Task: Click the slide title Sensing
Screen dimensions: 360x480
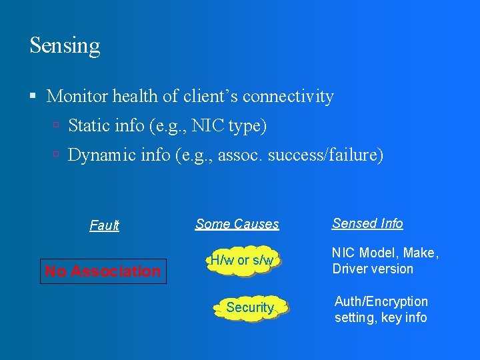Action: pyautogui.click(x=65, y=46)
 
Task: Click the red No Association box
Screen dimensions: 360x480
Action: pyautogui.click(x=103, y=271)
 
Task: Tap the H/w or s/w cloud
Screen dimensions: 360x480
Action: pyautogui.click(x=241, y=261)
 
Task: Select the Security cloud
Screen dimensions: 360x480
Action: pyautogui.click(x=250, y=307)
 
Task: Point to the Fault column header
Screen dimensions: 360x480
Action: pyautogui.click(x=104, y=225)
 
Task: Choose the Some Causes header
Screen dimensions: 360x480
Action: pyautogui.click(x=237, y=225)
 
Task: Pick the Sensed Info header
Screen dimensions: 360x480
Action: pyautogui.click(x=367, y=224)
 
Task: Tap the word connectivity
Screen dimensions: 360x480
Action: pyautogui.click(x=288, y=97)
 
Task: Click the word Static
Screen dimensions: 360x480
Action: pyautogui.click(x=88, y=126)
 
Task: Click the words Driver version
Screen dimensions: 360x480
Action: pyautogui.click(x=373, y=269)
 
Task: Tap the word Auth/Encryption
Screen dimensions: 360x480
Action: pyautogui.click(x=381, y=301)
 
